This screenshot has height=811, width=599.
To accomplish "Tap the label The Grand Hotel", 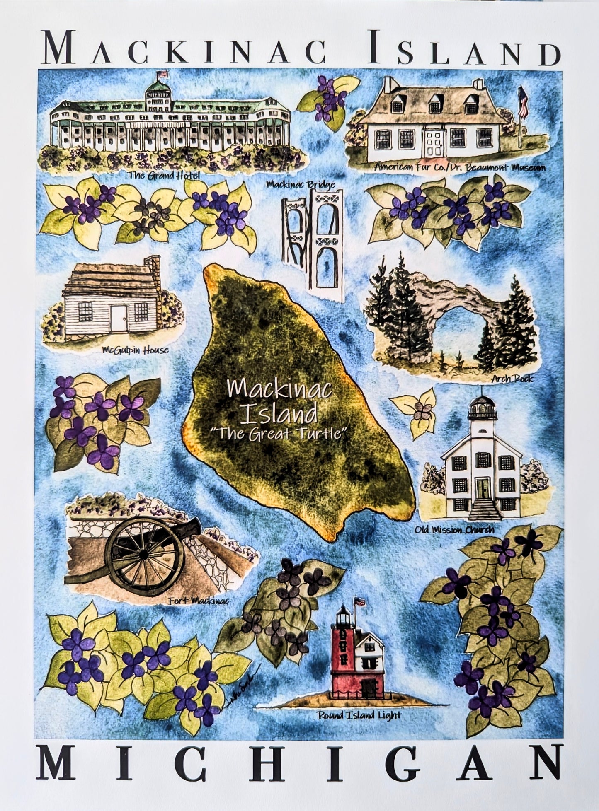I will (164, 175).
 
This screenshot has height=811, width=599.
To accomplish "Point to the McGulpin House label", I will (135, 350).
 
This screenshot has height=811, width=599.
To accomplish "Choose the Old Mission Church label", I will (454, 529).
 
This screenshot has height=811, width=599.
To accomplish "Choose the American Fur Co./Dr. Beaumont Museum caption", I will (459, 167).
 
